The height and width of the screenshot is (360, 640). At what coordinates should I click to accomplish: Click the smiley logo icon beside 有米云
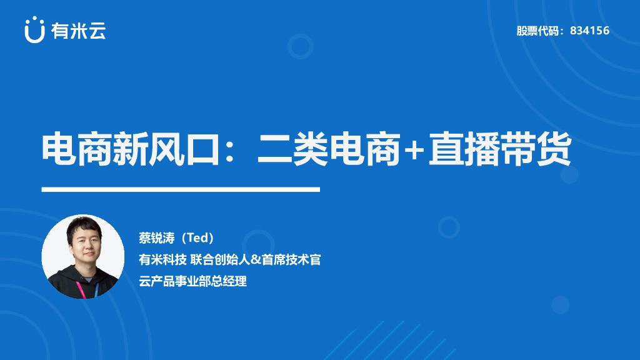point(34,31)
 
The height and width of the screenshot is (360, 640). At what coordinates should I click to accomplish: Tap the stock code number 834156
point(589,31)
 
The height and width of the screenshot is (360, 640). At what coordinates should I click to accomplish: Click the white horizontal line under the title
point(181,189)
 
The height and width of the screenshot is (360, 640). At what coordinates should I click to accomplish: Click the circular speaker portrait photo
point(82,256)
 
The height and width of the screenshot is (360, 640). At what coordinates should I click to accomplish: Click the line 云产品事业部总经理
point(193,281)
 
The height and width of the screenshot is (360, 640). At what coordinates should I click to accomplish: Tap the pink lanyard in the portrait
point(81,288)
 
